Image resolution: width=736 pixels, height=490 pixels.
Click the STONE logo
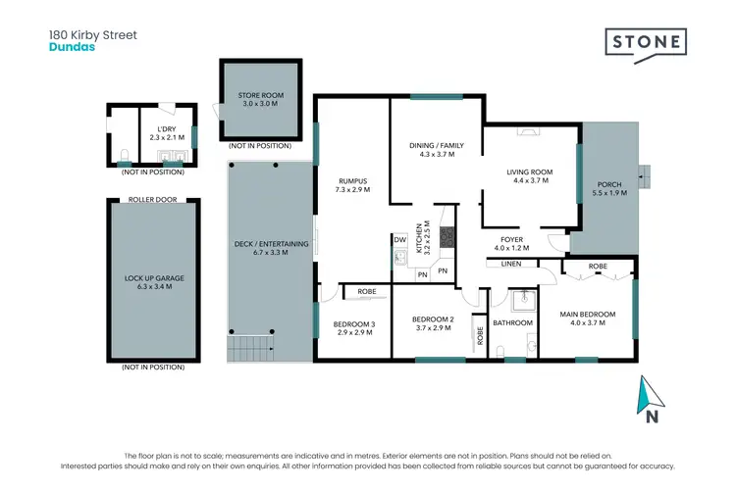(x=644, y=44)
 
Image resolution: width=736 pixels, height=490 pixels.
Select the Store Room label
(x=260, y=96)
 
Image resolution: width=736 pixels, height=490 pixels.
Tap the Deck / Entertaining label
(x=272, y=244)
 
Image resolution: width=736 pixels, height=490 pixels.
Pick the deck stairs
(x=249, y=347)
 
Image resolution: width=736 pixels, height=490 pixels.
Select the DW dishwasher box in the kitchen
(x=399, y=239)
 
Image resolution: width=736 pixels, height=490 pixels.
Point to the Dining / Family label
(x=436, y=146)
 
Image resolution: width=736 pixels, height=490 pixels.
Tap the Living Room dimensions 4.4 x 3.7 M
(x=530, y=181)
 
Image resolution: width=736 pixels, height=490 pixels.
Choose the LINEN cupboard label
(x=510, y=264)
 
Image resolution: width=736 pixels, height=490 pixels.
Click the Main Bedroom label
(x=588, y=315)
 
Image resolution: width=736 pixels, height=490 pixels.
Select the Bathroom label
(x=512, y=322)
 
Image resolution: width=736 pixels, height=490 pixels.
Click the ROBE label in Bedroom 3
(x=367, y=291)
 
